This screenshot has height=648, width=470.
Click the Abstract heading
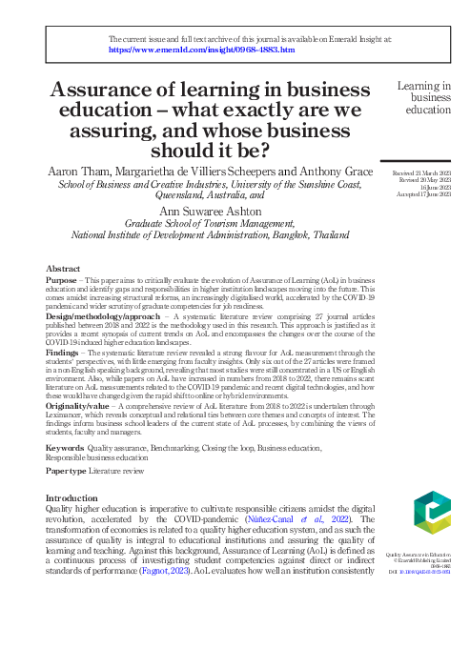[x=64, y=269]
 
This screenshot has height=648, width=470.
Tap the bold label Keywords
[x=65, y=447]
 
